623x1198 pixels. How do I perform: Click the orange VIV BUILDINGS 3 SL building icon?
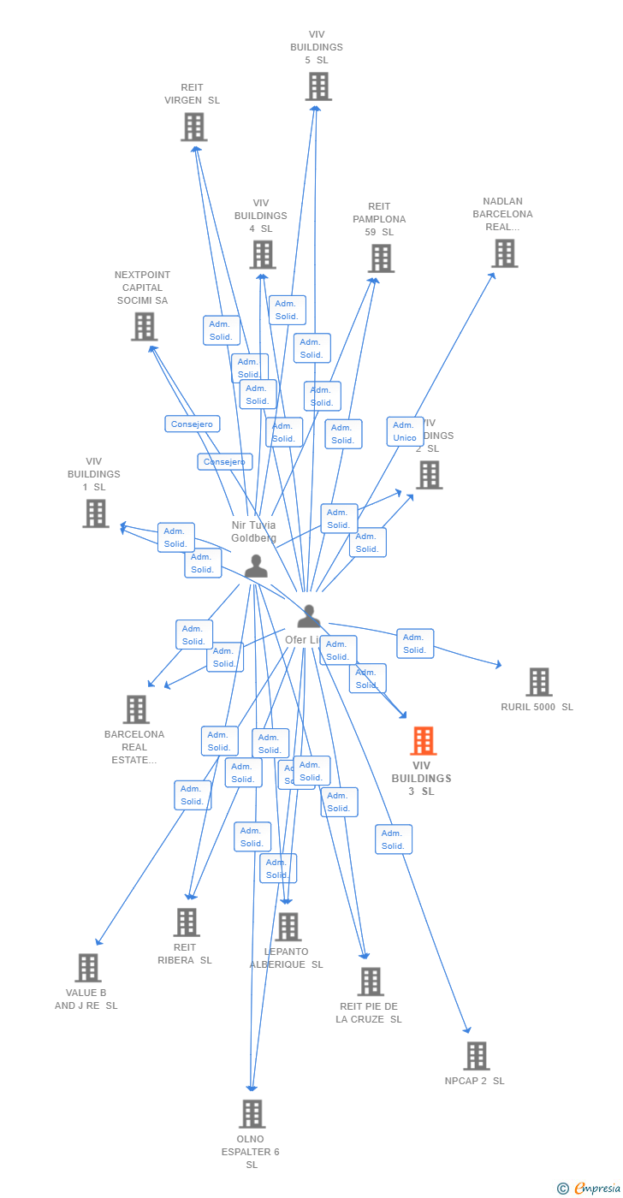[423, 741]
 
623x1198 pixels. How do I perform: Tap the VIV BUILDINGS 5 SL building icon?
[318, 86]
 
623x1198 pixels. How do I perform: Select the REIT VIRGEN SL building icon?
[194, 127]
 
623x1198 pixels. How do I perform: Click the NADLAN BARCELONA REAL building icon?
[505, 253]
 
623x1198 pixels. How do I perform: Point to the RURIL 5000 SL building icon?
[539, 682]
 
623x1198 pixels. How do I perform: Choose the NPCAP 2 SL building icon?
[477, 1056]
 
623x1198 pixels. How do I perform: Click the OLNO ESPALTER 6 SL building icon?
[252, 1114]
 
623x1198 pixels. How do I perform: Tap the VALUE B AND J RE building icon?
[88, 968]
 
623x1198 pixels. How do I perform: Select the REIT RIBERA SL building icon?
[187, 922]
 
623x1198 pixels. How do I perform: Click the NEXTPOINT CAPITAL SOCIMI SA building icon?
[144, 326]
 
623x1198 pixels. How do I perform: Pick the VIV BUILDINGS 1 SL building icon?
[96, 513]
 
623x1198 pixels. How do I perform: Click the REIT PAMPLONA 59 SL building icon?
[381, 258]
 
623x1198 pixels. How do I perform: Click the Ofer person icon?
[308, 616]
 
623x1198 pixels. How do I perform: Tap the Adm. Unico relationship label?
[405, 432]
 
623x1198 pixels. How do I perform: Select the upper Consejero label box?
[193, 424]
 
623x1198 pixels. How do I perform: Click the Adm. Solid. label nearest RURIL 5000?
[415, 643]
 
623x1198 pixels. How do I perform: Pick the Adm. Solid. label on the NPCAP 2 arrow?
[393, 839]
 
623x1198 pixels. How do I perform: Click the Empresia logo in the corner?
[590, 1188]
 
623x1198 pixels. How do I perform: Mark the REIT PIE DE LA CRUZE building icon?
[371, 982]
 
